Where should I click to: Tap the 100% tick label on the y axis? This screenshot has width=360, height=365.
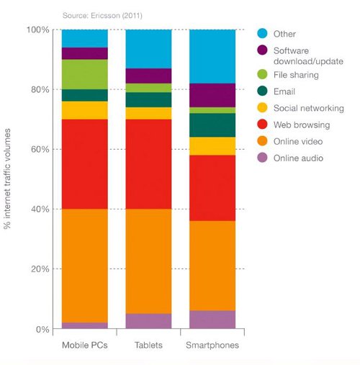point(38,30)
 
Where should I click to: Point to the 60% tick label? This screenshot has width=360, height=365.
point(40,150)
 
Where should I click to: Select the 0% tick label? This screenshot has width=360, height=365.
point(42,330)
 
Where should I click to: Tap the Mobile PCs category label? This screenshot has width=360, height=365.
point(84,346)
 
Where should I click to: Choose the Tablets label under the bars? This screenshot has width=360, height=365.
point(148,346)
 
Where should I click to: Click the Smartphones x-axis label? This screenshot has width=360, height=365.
point(212,346)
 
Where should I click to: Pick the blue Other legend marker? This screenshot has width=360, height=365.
point(264,33)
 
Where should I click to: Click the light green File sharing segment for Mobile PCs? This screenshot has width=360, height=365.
point(84,74)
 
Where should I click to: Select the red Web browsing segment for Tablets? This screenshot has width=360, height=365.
point(148,164)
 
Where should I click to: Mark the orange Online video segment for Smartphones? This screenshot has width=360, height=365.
point(212,266)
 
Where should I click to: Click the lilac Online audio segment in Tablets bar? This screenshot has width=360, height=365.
point(148,321)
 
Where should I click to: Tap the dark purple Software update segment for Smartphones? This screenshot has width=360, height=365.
point(212,95)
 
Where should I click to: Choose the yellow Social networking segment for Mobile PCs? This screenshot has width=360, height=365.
point(84,110)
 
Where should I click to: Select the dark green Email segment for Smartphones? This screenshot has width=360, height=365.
point(212,125)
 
